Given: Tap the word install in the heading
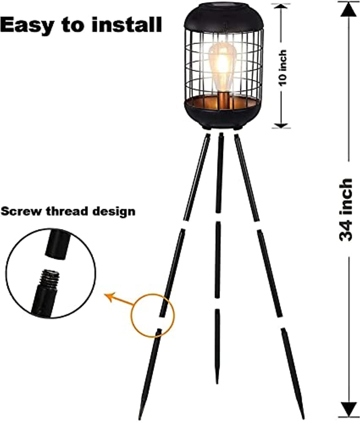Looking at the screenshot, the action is (x=126, y=24).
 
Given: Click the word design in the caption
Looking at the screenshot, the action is (x=114, y=211).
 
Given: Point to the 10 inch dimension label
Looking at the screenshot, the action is (x=283, y=67).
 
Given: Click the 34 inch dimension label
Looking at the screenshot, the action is (x=346, y=209).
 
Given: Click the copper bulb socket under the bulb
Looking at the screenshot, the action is (x=223, y=100).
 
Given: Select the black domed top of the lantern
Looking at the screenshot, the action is (x=223, y=17).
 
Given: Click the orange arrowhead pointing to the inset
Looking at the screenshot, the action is (x=110, y=296).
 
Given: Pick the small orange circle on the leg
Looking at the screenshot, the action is (x=153, y=315).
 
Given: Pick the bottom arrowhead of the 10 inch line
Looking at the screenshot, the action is (x=281, y=125).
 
